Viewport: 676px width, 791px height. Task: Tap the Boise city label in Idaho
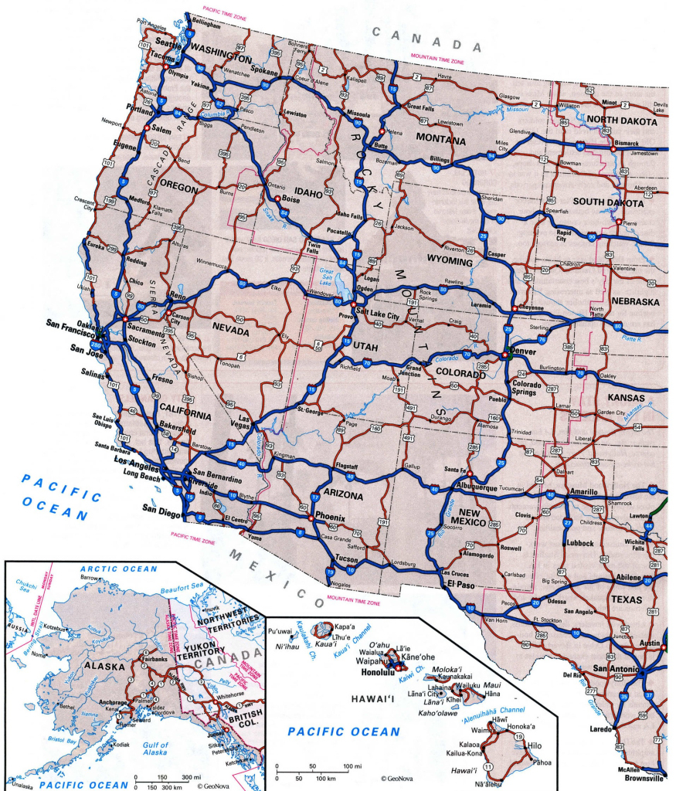(x=290, y=199)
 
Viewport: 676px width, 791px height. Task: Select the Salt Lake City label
(x=378, y=317)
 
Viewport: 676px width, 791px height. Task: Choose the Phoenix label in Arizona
(x=331, y=517)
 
